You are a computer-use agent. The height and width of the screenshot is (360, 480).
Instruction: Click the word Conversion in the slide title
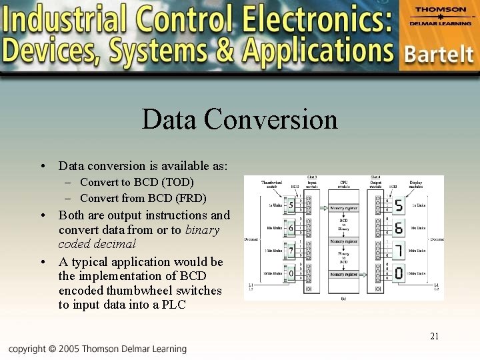(271, 119)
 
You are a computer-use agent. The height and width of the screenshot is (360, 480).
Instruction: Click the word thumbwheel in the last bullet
(149, 290)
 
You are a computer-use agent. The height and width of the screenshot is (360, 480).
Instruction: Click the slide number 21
(434, 336)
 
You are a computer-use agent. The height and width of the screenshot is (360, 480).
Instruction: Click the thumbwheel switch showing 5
(291, 205)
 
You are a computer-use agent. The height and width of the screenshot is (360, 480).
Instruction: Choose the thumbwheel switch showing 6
(291, 228)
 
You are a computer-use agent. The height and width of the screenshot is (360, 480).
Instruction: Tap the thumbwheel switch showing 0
(291, 273)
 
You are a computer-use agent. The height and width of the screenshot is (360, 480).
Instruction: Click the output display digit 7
(399, 251)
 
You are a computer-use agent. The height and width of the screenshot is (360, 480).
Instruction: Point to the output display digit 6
(399, 228)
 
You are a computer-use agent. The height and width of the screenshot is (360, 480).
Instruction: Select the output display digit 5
(399, 205)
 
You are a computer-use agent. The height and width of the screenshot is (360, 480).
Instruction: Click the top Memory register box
(344, 209)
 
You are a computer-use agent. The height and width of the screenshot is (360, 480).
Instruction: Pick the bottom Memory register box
(344, 274)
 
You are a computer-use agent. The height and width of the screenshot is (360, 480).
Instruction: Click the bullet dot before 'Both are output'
(43, 215)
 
